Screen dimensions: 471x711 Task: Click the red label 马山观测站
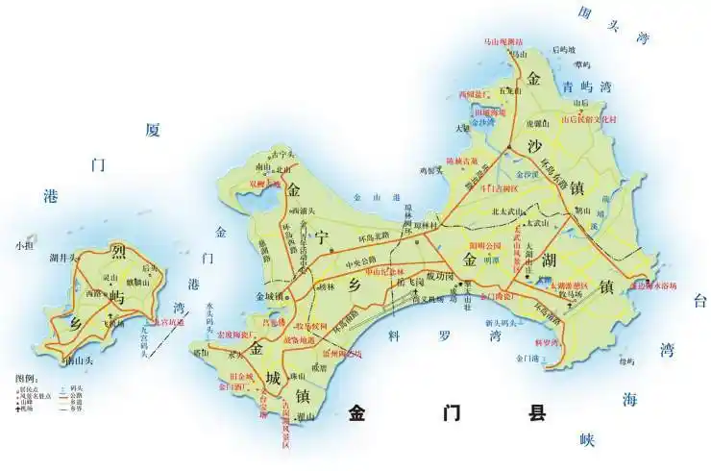(503, 42)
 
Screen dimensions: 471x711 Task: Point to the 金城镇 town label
(269, 295)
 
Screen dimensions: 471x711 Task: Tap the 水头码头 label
(210, 316)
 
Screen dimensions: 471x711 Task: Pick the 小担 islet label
(23, 246)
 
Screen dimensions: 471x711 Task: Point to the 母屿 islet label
(627, 361)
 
